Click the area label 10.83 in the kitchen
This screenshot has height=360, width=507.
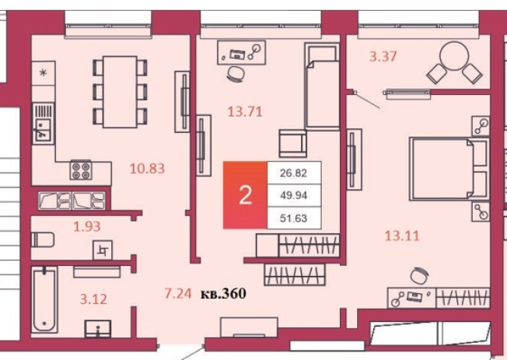pos(147,168)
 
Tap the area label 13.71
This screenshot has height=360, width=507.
pos(245,112)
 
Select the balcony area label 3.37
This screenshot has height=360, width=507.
pos(383,57)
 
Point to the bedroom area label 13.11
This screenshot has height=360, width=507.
pos(402,236)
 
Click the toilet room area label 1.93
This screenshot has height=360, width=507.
pos(86,226)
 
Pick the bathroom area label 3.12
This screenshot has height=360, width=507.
pos(93,299)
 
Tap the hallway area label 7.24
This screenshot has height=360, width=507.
pos(178,293)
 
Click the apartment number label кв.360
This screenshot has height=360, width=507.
pos(223,293)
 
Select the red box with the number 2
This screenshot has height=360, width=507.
pos(245,195)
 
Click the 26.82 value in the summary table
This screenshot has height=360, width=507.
pos(293,173)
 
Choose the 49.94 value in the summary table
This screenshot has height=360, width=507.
pos(293,195)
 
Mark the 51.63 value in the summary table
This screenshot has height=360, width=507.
pos(293,218)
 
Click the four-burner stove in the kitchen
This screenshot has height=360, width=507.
pos(81,170)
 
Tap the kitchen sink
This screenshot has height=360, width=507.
pos(43,129)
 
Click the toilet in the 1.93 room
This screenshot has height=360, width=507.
pos(42,239)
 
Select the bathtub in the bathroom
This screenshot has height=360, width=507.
pos(44,299)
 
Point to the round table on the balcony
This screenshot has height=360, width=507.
pos(454,56)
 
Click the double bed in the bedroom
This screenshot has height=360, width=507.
pos(449,169)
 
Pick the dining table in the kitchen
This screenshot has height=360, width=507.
pos(120,92)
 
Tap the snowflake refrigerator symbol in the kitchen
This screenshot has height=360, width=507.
pos(43,73)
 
